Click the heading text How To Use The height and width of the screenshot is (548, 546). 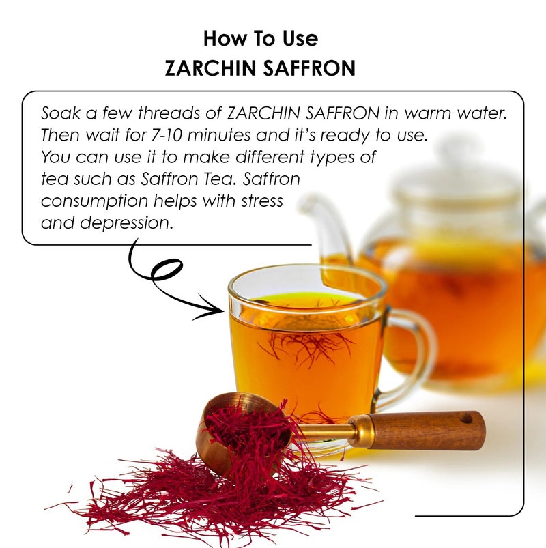coord(261,38)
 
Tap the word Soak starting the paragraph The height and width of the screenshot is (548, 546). coord(58,113)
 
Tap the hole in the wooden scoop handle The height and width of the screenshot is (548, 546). coord(466,417)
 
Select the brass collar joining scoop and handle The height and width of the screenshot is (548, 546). coord(360,431)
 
